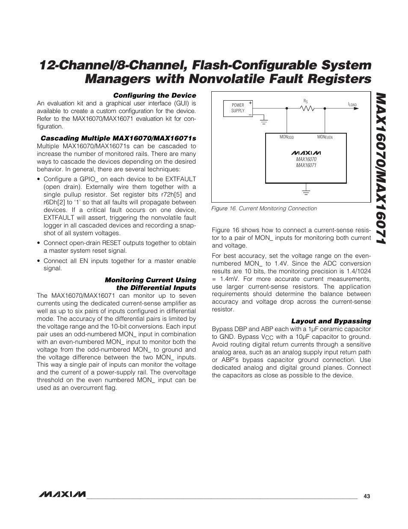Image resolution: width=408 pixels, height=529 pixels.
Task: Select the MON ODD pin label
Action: [x=287, y=137]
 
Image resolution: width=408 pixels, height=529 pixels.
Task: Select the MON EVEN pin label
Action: [x=325, y=137]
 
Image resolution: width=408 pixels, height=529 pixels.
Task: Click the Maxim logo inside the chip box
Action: [x=306, y=152]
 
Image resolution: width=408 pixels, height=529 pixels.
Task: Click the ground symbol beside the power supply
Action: [x=264, y=122]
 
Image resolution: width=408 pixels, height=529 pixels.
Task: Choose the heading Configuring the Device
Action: [x=154, y=96]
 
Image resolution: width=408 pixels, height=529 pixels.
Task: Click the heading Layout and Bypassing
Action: [x=331, y=321]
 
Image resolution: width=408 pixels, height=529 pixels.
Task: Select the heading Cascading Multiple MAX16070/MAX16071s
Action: [x=118, y=138]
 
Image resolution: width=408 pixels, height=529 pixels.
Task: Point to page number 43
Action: [x=367, y=496]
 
